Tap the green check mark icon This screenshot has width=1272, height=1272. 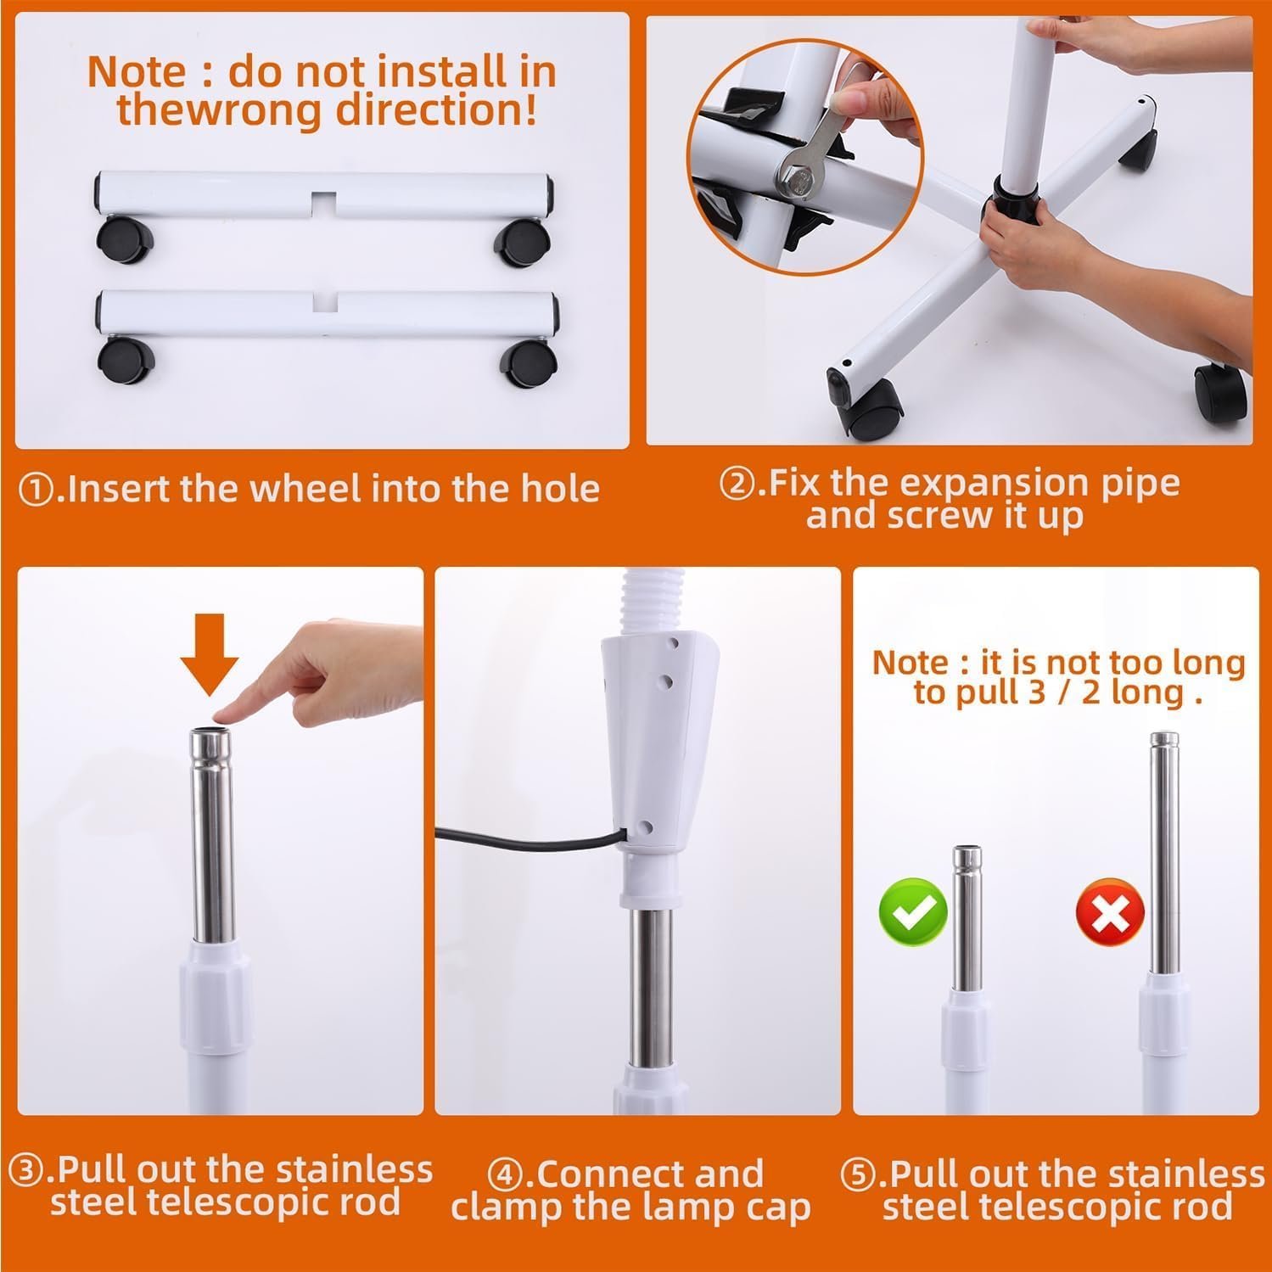point(912,912)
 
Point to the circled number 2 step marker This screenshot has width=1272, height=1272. point(736,485)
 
